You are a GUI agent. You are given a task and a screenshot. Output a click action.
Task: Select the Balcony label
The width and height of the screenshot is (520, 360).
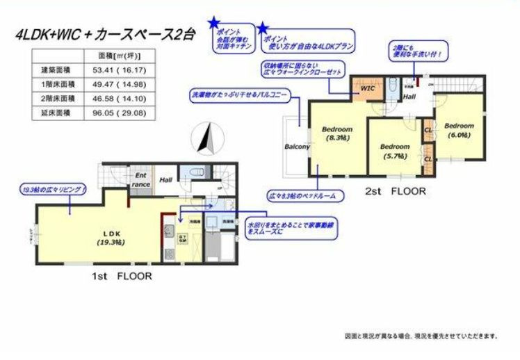click(297, 147)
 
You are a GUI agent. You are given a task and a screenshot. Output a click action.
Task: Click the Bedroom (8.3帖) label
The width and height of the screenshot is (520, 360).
click(337, 133)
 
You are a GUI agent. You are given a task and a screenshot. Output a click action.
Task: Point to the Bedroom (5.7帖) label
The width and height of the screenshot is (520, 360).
click(394, 152)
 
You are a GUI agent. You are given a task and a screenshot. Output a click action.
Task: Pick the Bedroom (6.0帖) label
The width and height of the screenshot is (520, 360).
click(460, 130)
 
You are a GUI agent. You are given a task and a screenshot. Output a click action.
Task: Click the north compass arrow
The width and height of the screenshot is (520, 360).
click(205, 137)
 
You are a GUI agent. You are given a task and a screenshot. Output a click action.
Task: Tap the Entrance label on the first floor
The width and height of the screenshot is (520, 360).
click(141, 180)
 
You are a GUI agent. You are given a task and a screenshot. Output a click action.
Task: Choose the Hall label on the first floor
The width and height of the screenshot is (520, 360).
click(165, 179)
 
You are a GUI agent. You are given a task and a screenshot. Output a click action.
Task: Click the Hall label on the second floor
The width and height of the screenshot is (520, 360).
click(409, 98)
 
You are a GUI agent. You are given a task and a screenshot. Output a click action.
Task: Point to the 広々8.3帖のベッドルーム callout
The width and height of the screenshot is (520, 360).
click(306, 197)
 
